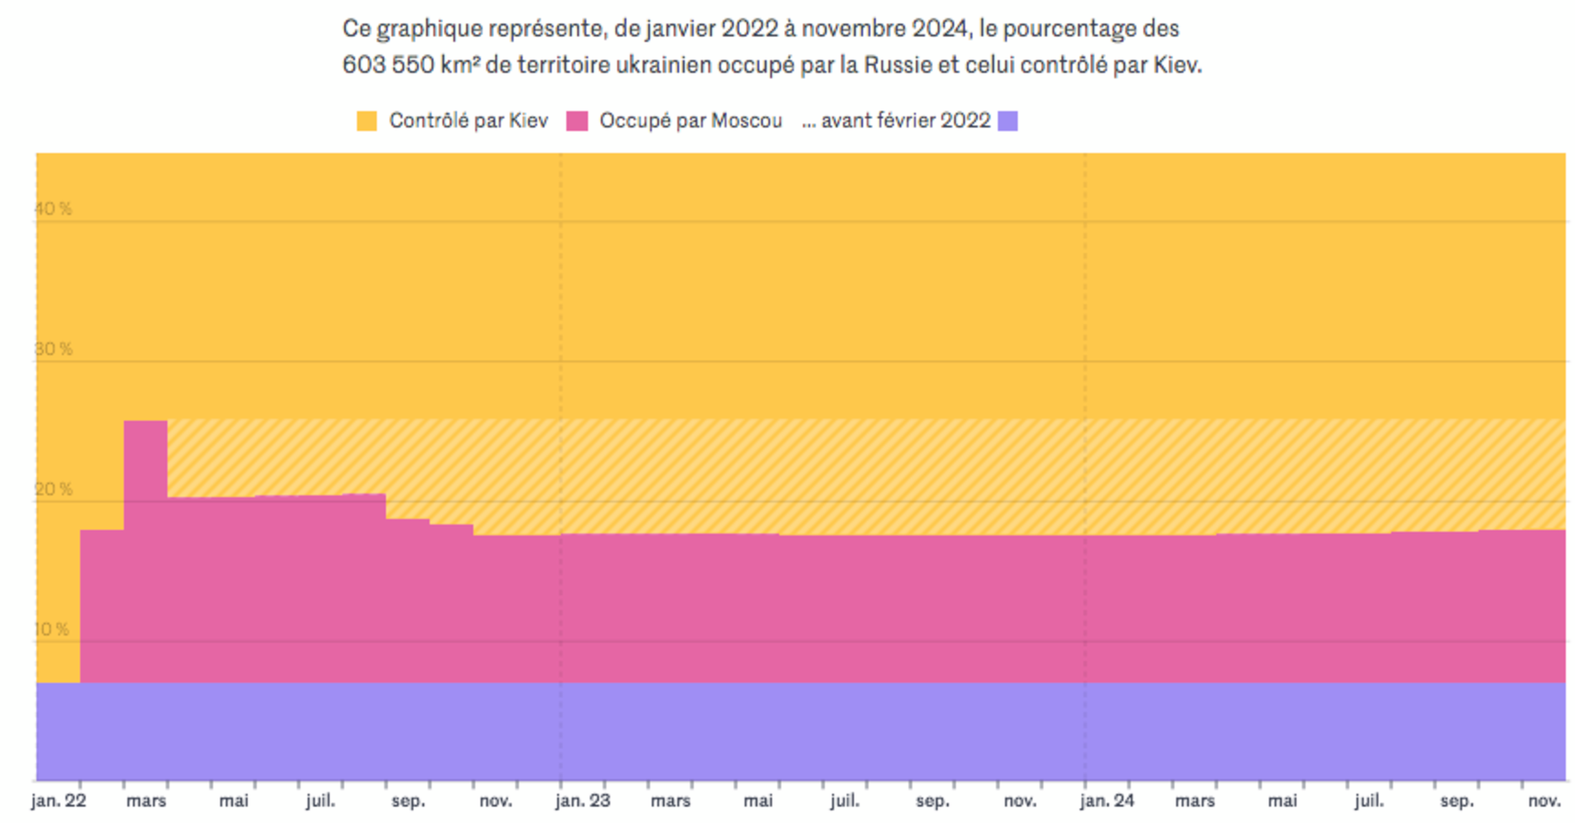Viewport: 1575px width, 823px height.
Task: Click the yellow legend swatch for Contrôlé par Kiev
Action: click(x=367, y=121)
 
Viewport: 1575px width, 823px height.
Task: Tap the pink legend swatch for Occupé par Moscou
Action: click(x=576, y=121)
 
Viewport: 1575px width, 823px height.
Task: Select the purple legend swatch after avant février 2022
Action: click(x=1007, y=121)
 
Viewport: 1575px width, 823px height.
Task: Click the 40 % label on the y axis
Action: click(x=53, y=209)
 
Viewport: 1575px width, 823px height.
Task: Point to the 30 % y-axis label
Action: click(x=53, y=349)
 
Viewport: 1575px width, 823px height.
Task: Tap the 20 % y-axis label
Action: click(x=53, y=490)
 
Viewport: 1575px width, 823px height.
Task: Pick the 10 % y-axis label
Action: click(x=52, y=630)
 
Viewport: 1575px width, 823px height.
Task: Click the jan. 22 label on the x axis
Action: click(x=59, y=801)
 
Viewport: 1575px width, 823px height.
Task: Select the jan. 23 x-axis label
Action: click(x=583, y=801)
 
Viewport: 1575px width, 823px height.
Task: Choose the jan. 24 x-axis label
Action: click(x=1107, y=801)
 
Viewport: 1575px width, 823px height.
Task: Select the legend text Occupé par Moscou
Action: click(x=690, y=121)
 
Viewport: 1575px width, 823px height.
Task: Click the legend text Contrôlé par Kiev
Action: click(x=468, y=121)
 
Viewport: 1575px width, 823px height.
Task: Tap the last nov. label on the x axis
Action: click(x=1544, y=801)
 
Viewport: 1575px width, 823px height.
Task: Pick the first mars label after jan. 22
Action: click(x=146, y=801)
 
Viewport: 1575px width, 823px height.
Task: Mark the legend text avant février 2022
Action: click(x=905, y=121)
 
